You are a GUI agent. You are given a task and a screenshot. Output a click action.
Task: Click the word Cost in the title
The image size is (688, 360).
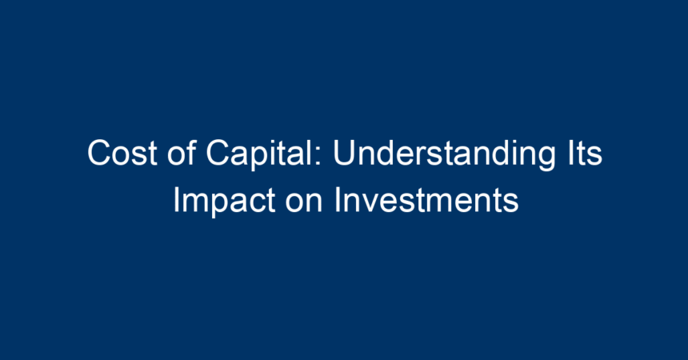point(122,153)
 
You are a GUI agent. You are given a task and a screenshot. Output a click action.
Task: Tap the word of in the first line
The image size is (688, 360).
point(182,152)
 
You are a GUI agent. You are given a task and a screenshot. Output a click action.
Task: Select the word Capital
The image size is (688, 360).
point(261,154)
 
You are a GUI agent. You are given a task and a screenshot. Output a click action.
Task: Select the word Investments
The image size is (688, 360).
point(426,200)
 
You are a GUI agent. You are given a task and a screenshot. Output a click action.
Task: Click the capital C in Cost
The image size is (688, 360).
point(100,153)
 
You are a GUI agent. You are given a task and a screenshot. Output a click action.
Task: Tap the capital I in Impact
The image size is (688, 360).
point(176,200)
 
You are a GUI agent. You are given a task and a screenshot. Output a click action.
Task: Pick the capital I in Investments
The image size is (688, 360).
point(337,200)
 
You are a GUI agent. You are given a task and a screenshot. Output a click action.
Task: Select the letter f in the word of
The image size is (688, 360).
point(191,152)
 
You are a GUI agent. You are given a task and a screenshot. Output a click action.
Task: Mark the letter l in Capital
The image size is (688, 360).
point(313,152)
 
